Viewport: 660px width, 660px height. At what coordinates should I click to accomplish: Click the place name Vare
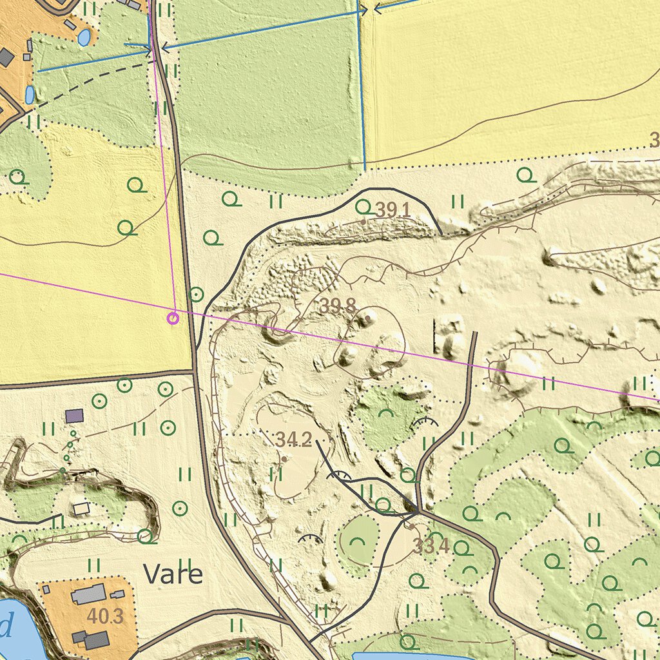(x=173, y=574)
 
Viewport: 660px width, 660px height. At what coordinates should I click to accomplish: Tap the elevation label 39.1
(x=393, y=209)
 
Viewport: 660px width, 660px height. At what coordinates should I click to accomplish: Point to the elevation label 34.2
(x=293, y=440)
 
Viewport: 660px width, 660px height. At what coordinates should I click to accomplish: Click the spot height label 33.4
(x=431, y=547)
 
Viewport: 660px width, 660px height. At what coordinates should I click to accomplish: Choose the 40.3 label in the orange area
(x=105, y=616)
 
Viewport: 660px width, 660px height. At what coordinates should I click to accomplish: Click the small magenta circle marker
(x=173, y=317)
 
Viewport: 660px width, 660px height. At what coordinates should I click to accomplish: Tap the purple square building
(x=75, y=416)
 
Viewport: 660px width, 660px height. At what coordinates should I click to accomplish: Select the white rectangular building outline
(x=81, y=509)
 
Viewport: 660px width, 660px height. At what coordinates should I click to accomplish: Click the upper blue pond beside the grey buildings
(x=84, y=37)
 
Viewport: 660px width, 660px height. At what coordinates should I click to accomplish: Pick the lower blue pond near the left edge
(x=30, y=95)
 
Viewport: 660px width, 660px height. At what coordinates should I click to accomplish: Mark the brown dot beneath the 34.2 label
(x=284, y=458)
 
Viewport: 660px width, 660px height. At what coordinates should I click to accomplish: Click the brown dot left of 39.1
(x=364, y=221)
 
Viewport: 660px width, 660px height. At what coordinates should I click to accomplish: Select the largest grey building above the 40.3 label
(x=88, y=594)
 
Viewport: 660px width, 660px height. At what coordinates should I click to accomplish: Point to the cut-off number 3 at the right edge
(x=654, y=140)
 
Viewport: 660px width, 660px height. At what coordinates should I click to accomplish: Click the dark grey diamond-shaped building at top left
(x=6, y=57)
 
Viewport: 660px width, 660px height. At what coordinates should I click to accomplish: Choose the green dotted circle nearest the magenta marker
(x=197, y=295)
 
